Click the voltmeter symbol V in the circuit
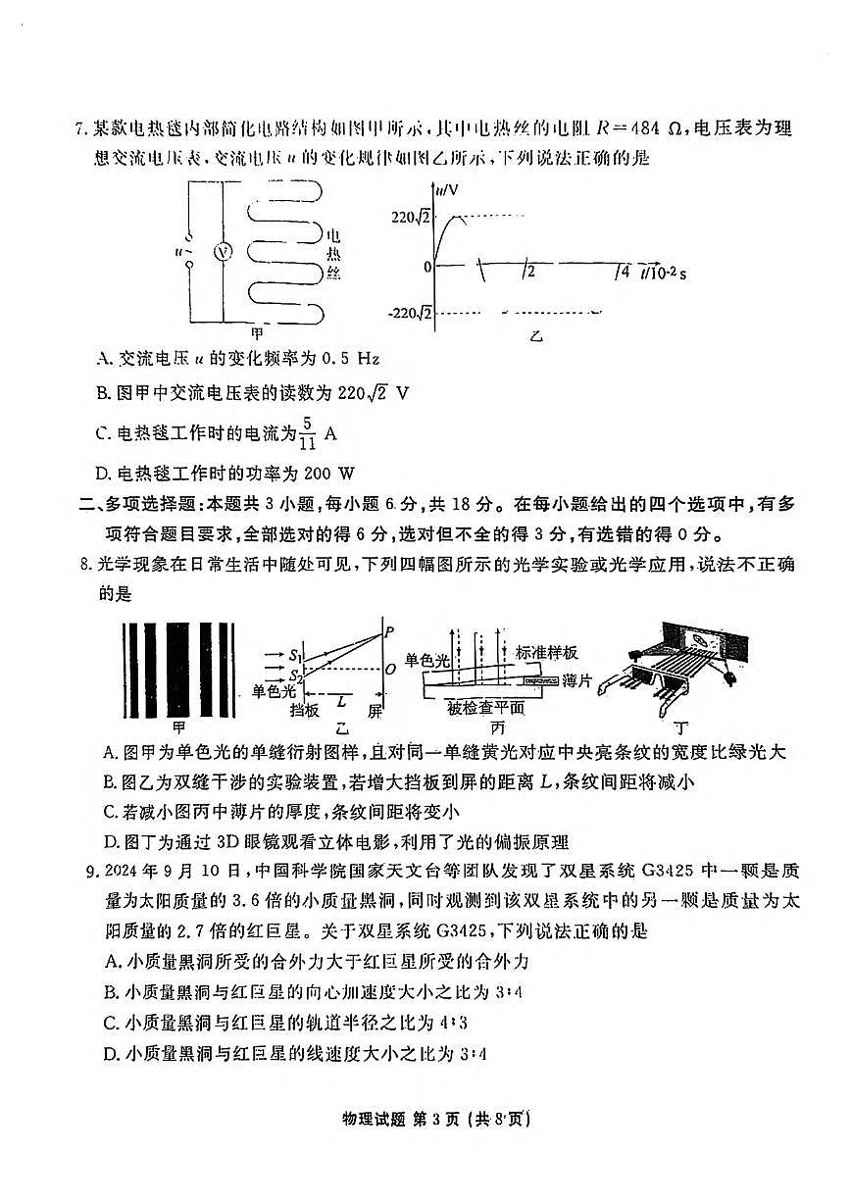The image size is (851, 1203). point(224,252)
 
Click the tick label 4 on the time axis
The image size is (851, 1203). point(623,272)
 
